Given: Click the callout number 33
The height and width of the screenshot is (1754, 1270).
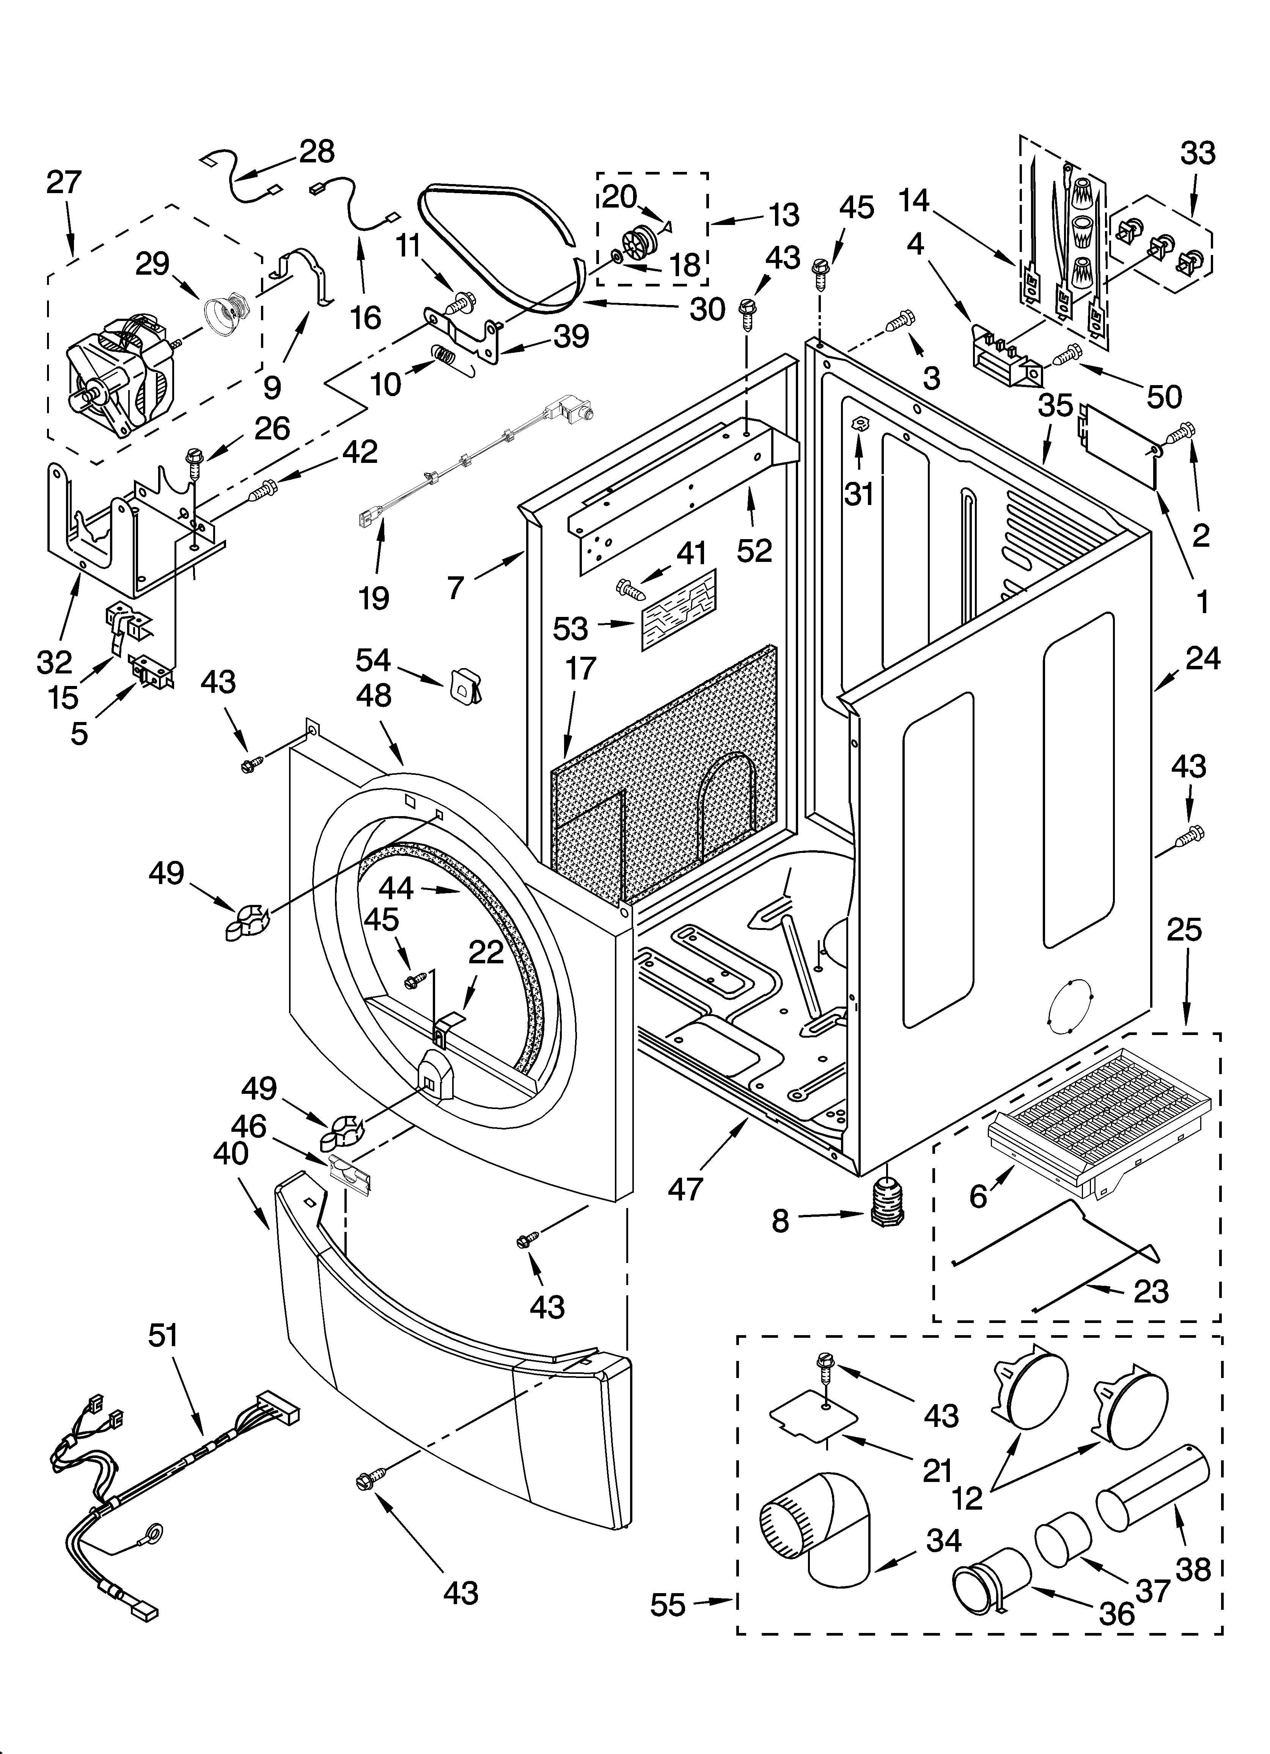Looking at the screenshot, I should pyautogui.click(x=1197, y=153).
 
